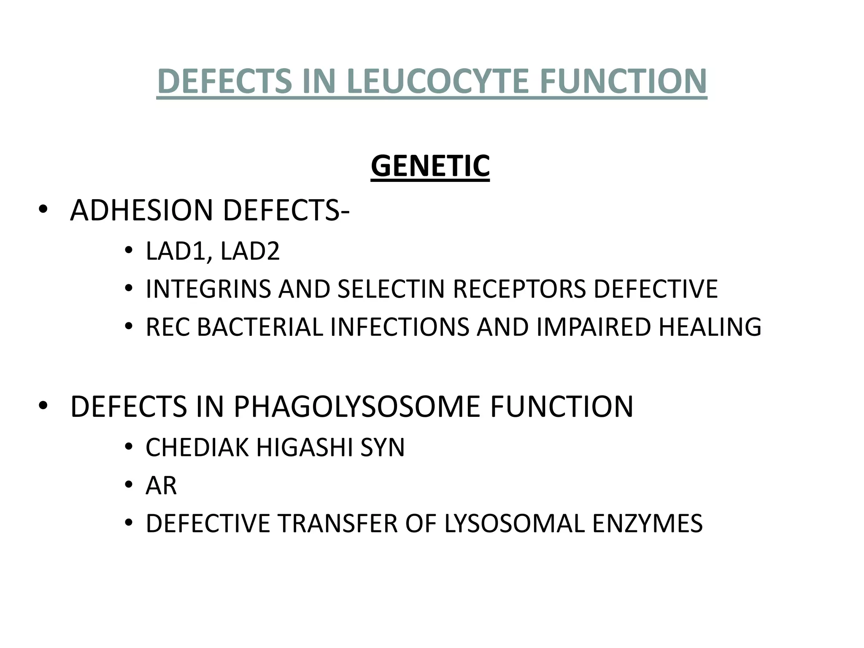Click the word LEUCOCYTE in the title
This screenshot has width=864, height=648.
pos(437,81)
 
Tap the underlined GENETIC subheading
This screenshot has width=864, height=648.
pos(430,166)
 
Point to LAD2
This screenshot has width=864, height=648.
pos(250,251)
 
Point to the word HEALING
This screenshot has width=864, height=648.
pos(710,327)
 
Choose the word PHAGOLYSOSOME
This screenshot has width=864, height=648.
pos(357,407)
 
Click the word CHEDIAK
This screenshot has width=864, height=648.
pos(197,448)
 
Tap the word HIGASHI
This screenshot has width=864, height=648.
pos(304,448)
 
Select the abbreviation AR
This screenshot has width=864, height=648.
pos(161,486)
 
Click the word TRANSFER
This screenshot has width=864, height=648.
pos(336,524)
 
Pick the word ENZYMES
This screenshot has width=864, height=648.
pos(648,524)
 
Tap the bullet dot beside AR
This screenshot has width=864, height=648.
pos(129,486)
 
